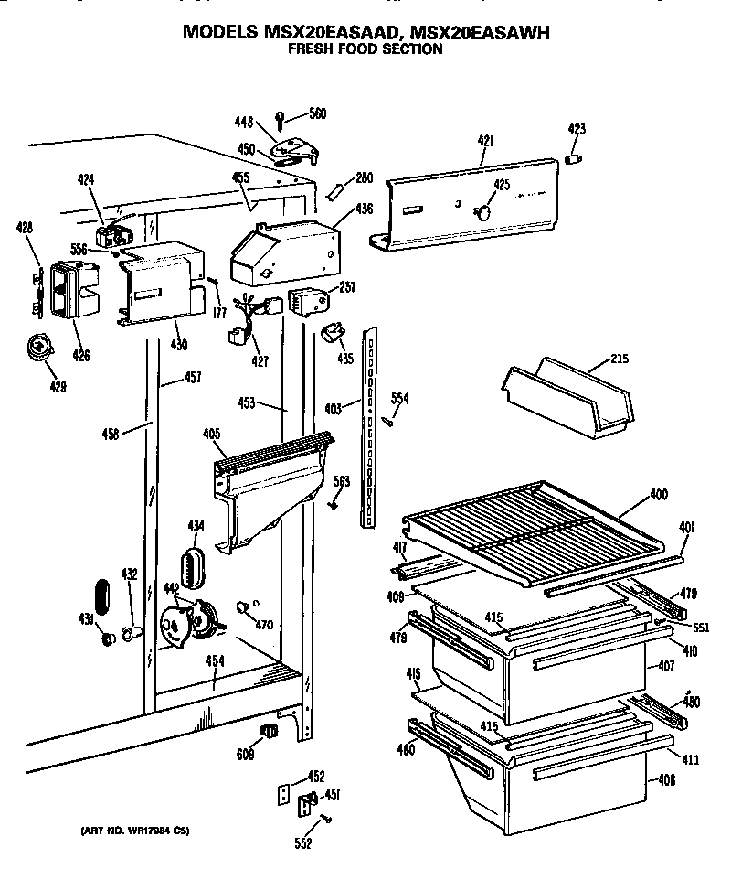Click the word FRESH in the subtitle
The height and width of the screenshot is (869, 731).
(311, 49)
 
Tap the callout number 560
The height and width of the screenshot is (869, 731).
(317, 114)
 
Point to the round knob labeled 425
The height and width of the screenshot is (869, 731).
(482, 211)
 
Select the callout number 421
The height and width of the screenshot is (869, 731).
(485, 141)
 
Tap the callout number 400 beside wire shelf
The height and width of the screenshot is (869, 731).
(658, 495)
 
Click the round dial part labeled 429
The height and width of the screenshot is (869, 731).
(38, 347)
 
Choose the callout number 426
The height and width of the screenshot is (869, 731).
(81, 355)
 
